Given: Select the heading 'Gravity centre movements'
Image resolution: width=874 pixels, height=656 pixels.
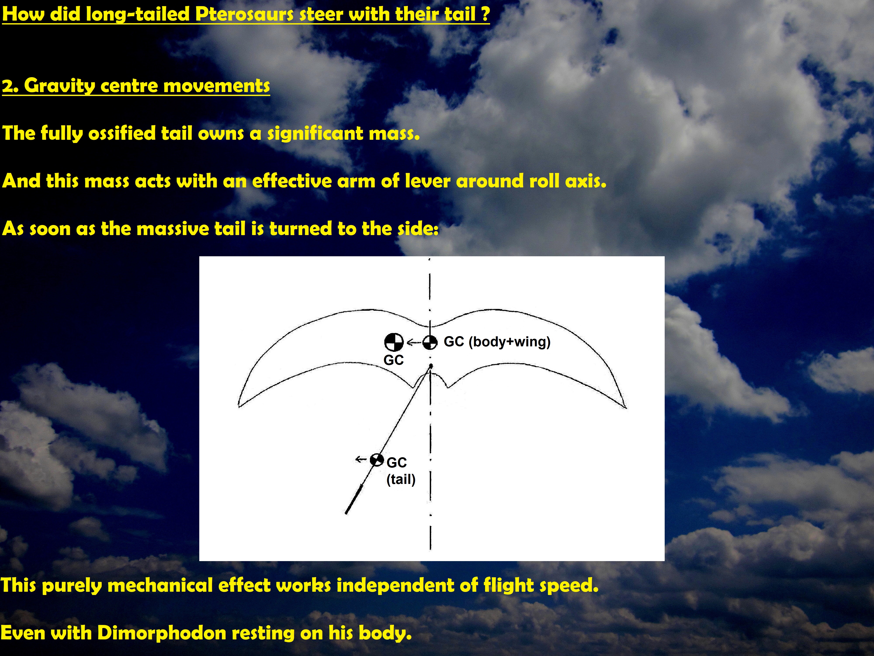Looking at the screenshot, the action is click(147, 86).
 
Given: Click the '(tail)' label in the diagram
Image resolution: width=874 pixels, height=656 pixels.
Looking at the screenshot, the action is click(401, 480).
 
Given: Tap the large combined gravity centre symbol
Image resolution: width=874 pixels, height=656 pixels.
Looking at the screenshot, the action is click(394, 342).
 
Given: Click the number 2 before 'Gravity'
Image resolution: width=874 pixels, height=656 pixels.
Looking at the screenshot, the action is click(8, 86).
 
